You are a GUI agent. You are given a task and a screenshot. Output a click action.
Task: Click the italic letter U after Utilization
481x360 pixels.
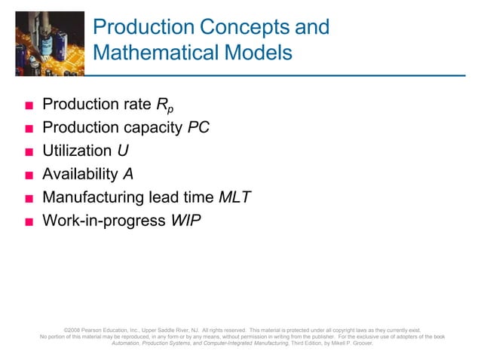tap(123, 151)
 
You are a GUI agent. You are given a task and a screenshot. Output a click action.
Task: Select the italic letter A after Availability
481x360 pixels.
tap(128, 174)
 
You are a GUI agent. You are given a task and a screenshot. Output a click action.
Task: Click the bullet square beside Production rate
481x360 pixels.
tap(29, 105)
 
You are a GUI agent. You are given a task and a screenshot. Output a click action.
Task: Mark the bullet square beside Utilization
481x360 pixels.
tap(29, 151)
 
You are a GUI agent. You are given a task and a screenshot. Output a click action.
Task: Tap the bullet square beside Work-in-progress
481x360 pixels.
tap(29, 221)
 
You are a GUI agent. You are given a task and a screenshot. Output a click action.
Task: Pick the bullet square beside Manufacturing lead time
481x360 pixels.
tap(29, 198)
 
